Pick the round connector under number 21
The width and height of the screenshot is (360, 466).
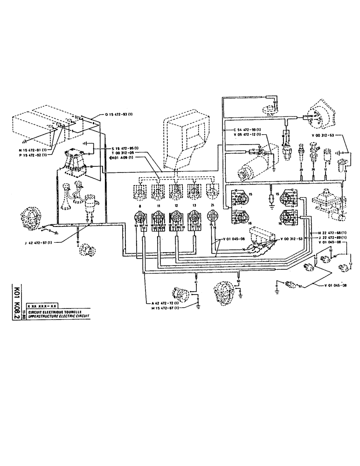(x=213, y=216)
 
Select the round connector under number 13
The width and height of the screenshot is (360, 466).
(x=194, y=218)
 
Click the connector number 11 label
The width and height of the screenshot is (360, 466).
(x=158, y=206)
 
